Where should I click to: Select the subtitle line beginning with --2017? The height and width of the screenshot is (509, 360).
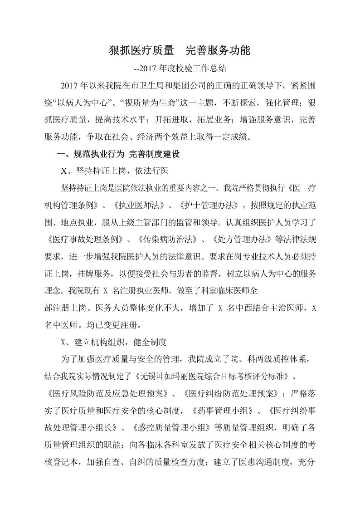[180, 69]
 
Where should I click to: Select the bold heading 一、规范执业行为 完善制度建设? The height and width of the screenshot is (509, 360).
[118, 154]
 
